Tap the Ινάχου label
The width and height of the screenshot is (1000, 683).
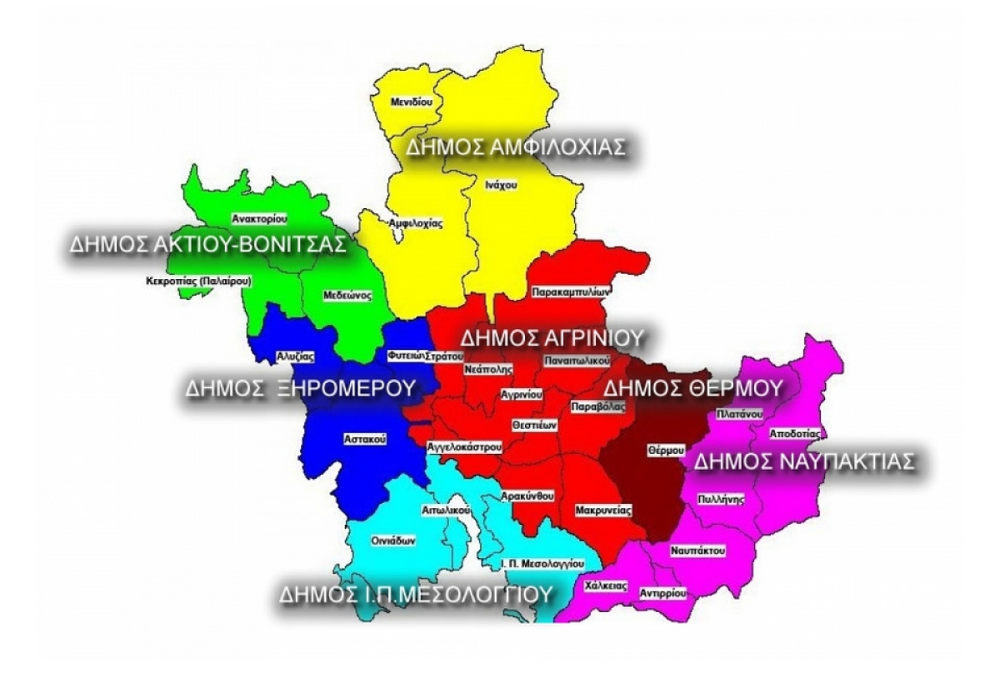pyautogui.click(x=500, y=185)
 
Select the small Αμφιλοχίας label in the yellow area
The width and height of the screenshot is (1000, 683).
pyautogui.click(x=415, y=223)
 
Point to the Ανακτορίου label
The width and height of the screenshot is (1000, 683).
pyautogui.click(x=260, y=219)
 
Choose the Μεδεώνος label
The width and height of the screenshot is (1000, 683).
pyautogui.click(x=347, y=295)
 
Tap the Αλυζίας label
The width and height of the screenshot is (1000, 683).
pyautogui.click(x=295, y=356)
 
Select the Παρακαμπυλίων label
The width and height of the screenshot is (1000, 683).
pyautogui.click(x=572, y=293)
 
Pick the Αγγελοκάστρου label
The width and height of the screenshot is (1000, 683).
pyautogui.click(x=463, y=447)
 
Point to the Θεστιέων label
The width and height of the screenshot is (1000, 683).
pyautogui.click(x=534, y=424)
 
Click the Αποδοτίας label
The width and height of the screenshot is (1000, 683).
pyautogui.click(x=797, y=434)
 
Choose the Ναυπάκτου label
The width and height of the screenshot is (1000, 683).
pyautogui.click(x=697, y=551)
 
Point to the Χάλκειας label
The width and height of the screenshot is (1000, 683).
pyautogui.click(x=607, y=586)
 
